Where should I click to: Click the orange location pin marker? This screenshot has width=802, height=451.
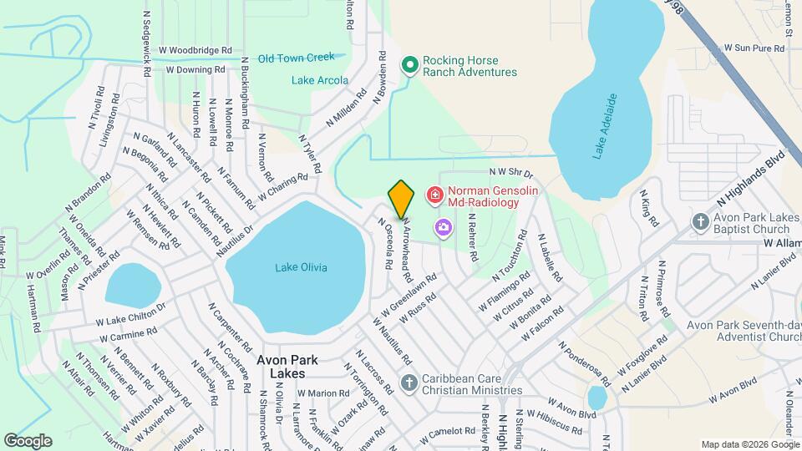point(401,200)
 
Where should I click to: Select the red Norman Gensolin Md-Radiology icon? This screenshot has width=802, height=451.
point(434,195)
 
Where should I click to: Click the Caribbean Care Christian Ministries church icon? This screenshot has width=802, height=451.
point(409,383)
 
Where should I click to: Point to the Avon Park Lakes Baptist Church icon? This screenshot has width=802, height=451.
point(701,222)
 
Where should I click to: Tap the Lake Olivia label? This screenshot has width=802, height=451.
point(302,267)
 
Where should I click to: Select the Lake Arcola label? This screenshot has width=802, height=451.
point(320,80)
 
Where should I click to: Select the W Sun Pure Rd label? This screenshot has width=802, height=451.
point(754,48)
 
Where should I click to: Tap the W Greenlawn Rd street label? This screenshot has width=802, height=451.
point(410,295)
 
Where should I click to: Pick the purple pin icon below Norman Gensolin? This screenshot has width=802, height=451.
point(442,226)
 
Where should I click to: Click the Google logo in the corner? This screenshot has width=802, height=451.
point(28,440)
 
